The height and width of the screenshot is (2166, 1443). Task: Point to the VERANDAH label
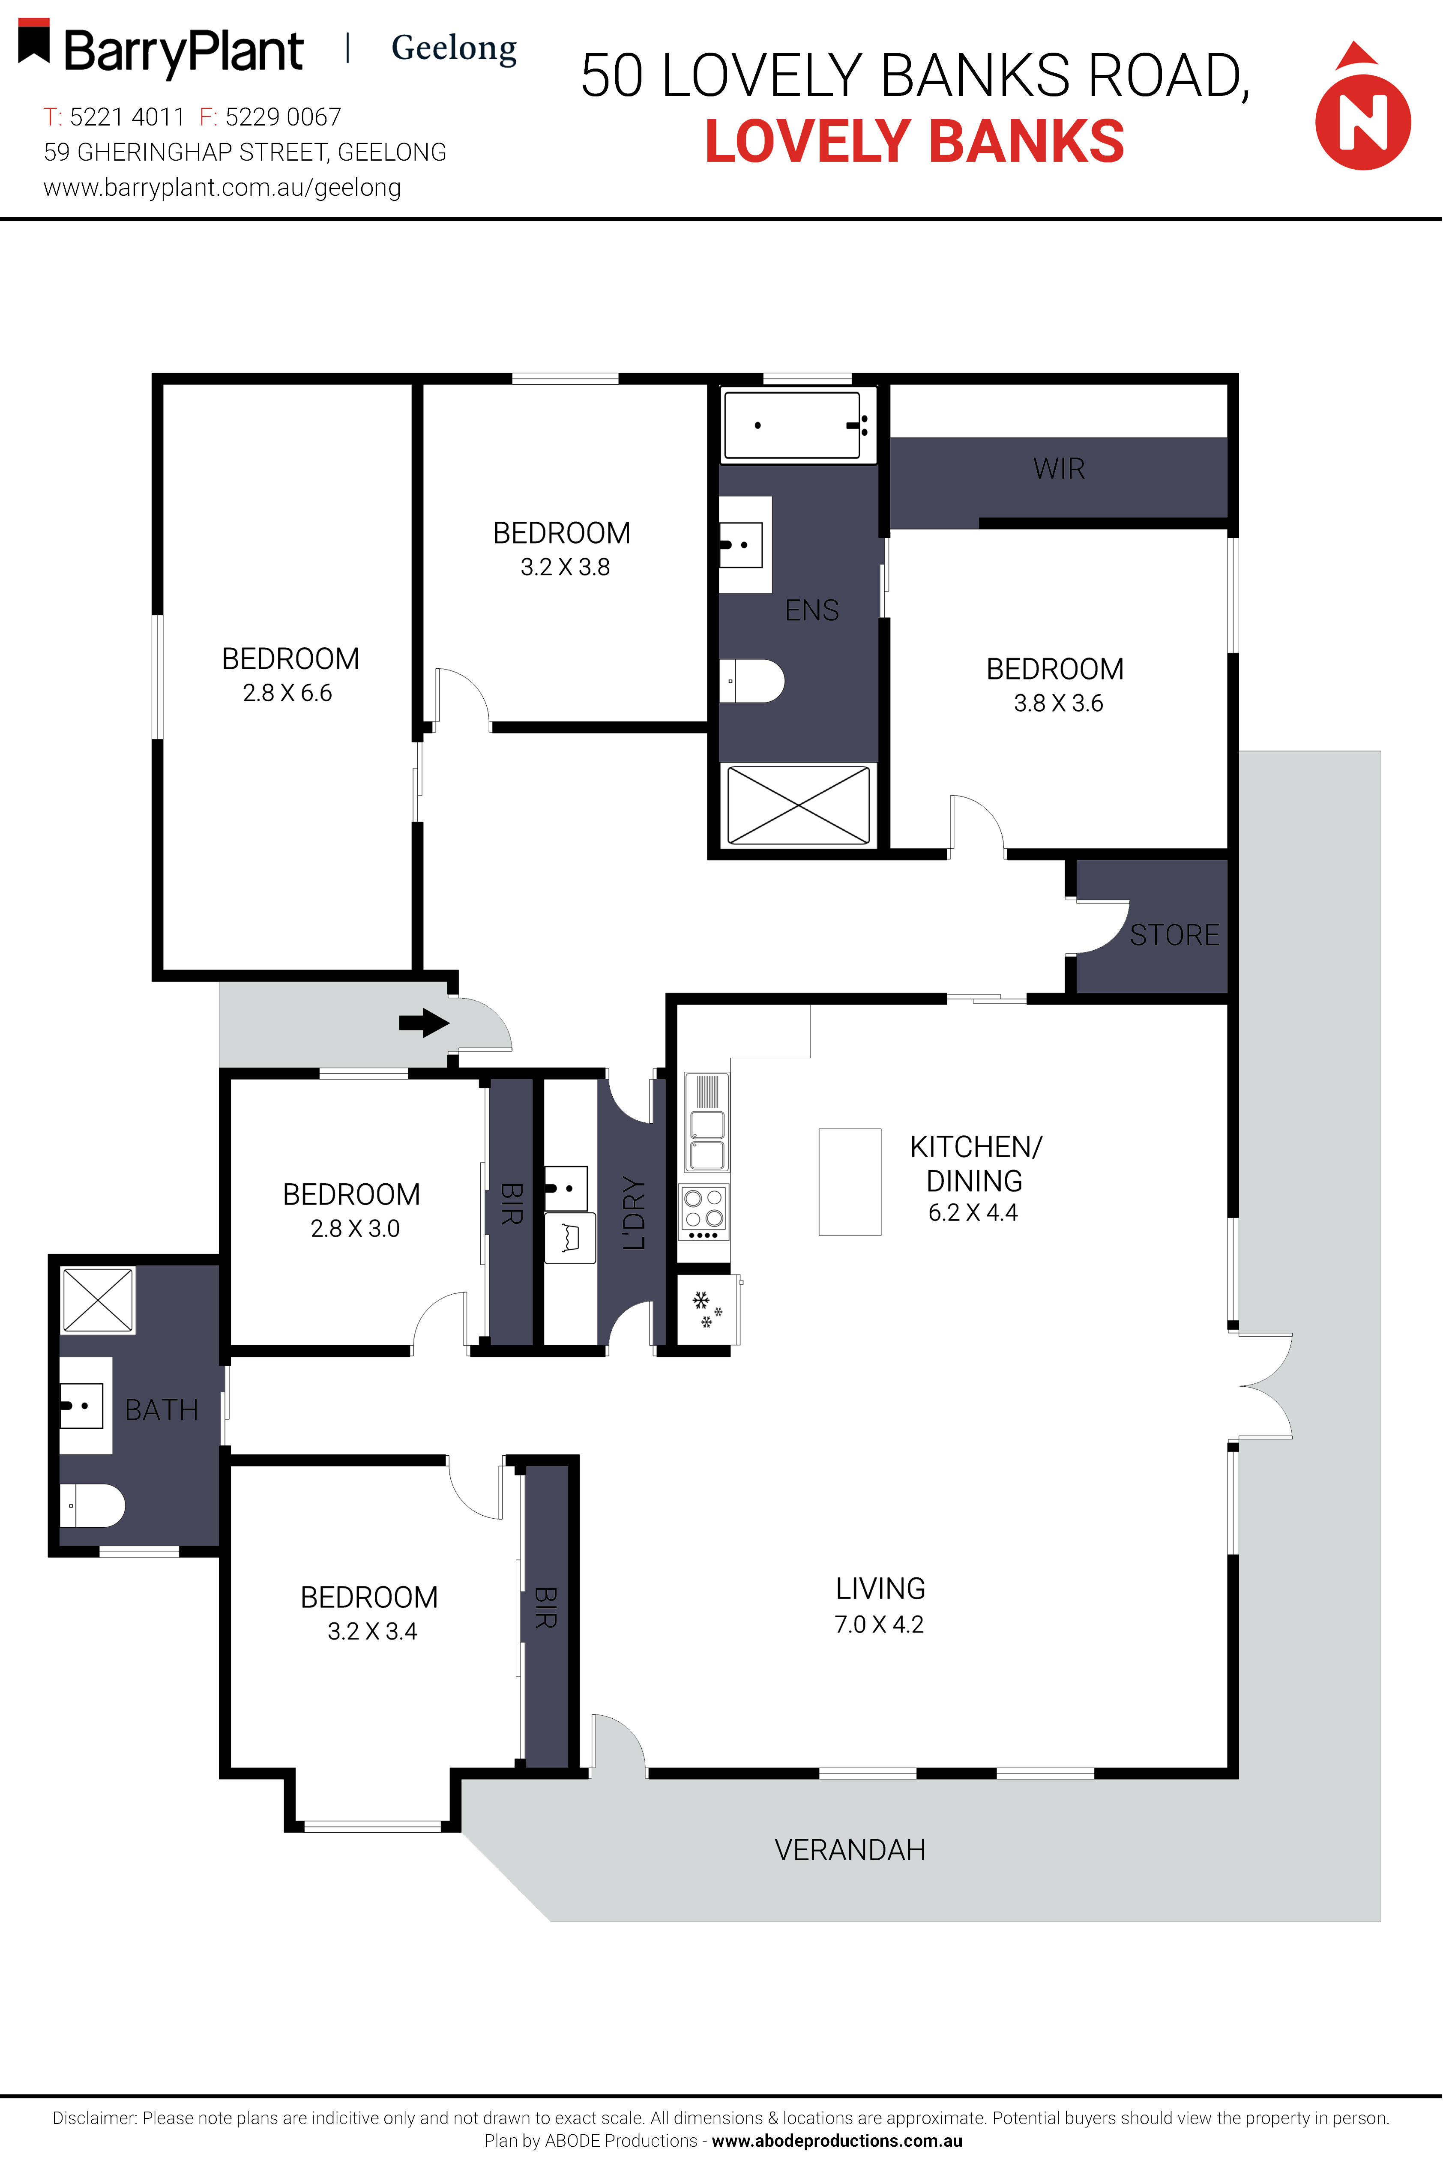point(850,1849)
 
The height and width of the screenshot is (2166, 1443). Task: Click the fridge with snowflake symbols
point(708,1309)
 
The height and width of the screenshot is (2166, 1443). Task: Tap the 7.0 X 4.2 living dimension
point(879,1624)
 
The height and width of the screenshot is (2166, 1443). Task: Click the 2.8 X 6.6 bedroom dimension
point(287,693)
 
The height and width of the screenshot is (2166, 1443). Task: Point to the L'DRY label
point(634,1213)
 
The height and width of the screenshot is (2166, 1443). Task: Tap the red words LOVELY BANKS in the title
point(915,142)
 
